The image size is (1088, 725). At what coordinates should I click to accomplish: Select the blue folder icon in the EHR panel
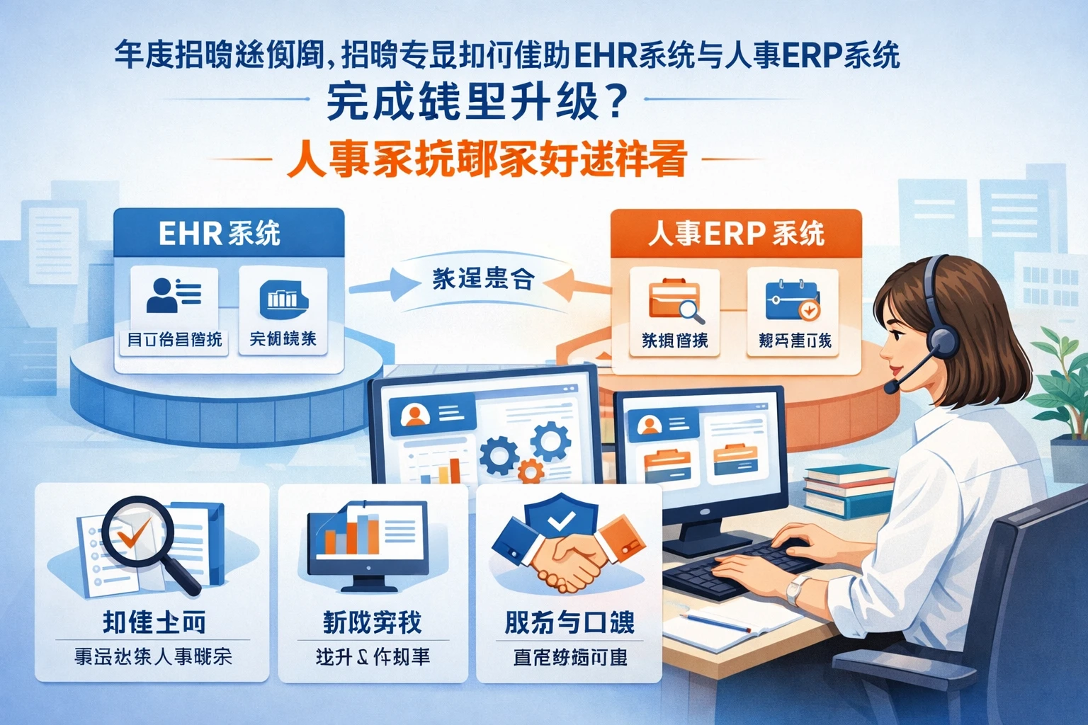[283, 297]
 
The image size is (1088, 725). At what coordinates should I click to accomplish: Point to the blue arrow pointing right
[375, 286]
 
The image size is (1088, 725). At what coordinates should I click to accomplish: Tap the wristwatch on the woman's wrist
[800, 588]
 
